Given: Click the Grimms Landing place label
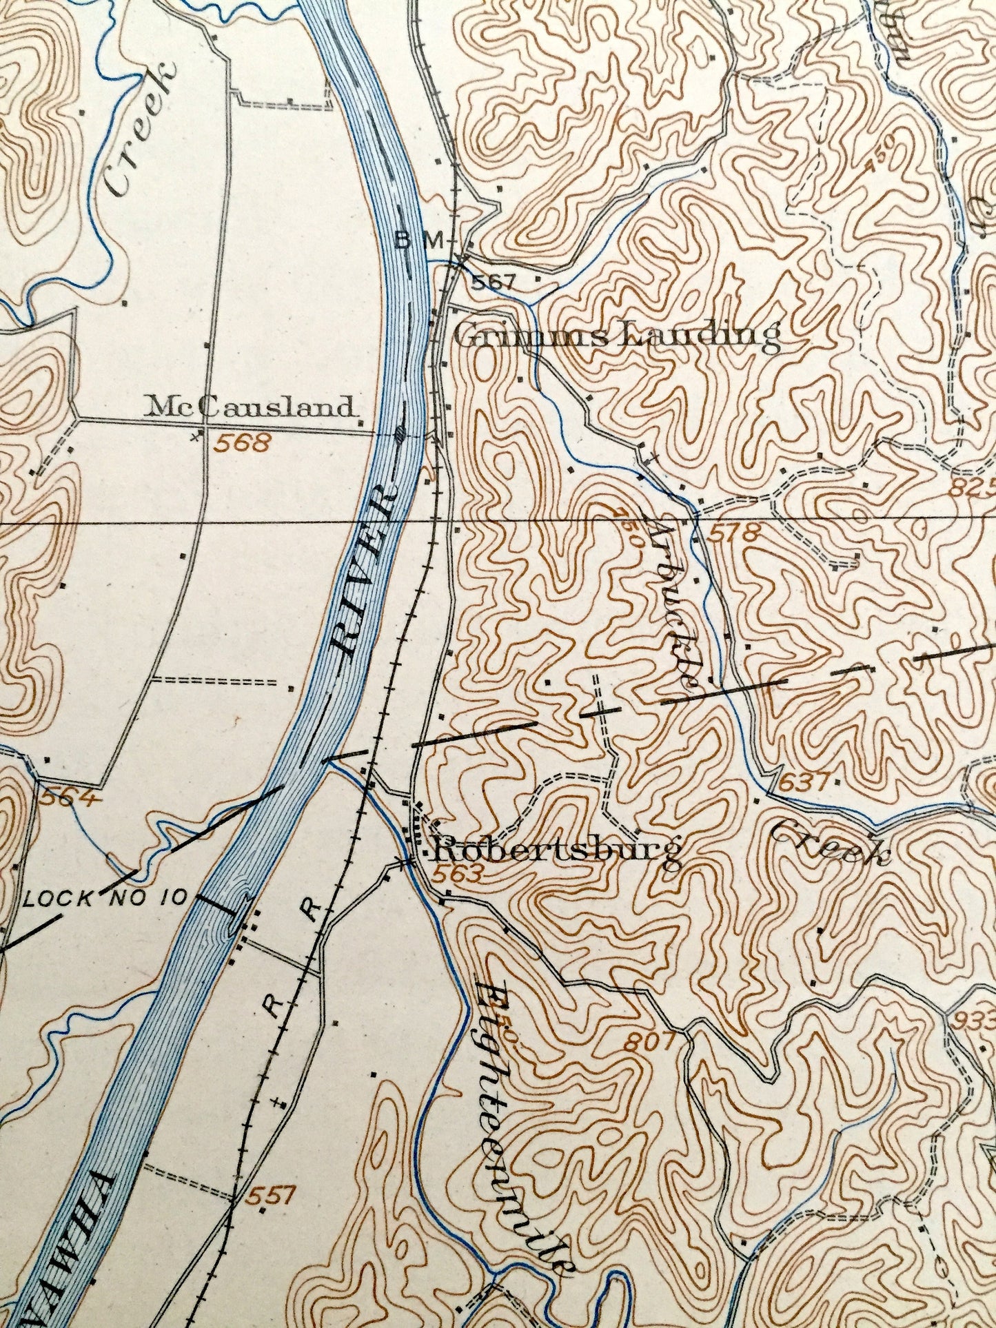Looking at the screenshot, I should click(617, 337).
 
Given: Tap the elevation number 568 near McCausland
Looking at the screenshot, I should click(241, 443).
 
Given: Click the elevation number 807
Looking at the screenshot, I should click(649, 1043).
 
